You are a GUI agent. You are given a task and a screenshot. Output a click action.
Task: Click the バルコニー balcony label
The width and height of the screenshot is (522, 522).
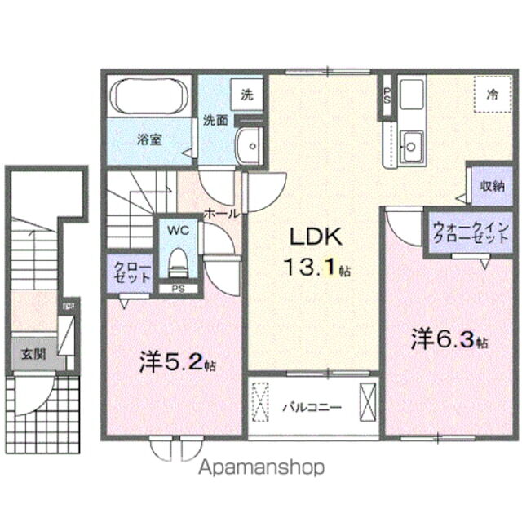[x=312, y=405]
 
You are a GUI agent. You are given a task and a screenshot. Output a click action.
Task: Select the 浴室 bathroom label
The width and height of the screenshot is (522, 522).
[x=148, y=139]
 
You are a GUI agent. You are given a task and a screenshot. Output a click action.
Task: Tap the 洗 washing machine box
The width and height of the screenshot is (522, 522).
[x=246, y=94]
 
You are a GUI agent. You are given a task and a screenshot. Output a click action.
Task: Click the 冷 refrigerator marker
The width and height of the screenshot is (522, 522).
[x=493, y=94]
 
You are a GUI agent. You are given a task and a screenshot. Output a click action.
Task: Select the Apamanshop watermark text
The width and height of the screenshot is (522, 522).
[x=260, y=467]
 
